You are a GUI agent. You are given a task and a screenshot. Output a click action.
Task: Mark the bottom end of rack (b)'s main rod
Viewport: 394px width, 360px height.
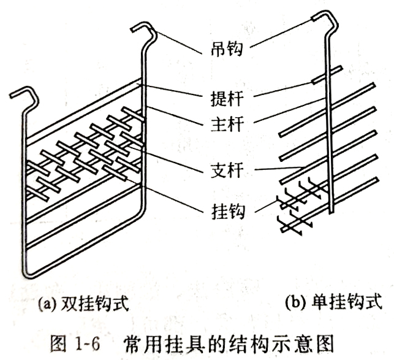331,210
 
